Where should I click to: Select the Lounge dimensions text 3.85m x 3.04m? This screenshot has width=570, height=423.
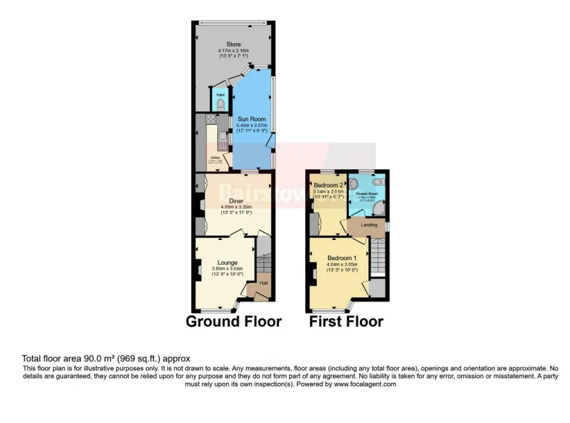coord(227,269)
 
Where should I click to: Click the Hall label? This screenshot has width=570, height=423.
coord(264,283)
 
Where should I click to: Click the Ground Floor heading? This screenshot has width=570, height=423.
coord(234,322)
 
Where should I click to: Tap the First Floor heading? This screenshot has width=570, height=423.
coord(346,322)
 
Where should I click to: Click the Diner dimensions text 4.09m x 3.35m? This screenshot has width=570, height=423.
coord(233,207)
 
